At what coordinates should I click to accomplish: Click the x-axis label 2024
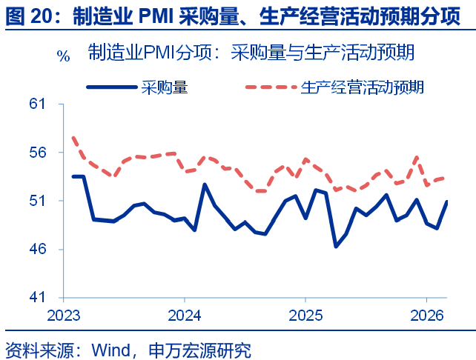click(x=185, y=315)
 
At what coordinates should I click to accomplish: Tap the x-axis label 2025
click(x=305, y=315)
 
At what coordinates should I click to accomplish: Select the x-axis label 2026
click(x=427, y=315)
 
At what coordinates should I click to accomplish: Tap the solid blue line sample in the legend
click(x=111, y=87)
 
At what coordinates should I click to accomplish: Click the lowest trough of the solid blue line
click(x=336, y=246)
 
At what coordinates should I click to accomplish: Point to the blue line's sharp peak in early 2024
click(x=205, y=184)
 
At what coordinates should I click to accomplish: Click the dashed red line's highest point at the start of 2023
click(x=73, y=137)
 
